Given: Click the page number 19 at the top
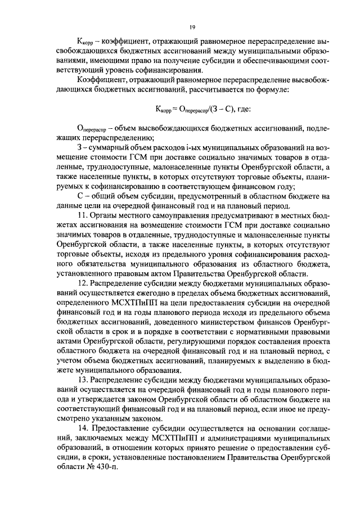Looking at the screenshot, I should [192, 26].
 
